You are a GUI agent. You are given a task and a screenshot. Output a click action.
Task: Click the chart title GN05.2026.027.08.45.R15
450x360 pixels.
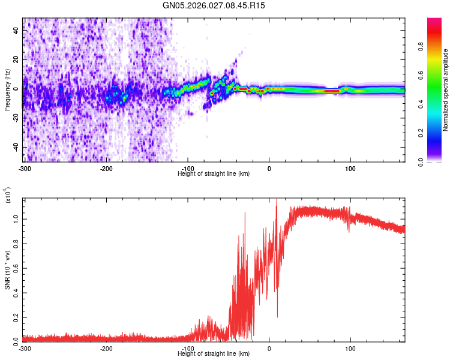214,5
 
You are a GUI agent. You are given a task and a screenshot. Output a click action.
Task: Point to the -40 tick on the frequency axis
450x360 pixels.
16,148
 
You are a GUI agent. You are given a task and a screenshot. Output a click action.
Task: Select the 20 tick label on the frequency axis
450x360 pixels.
17,60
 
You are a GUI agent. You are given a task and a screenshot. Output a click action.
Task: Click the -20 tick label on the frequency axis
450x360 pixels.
16,118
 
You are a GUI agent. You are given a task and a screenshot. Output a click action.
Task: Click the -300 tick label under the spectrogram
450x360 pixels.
25,167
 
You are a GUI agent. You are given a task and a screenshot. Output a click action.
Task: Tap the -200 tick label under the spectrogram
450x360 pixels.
106,167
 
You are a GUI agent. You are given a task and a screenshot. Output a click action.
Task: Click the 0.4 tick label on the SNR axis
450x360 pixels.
16,292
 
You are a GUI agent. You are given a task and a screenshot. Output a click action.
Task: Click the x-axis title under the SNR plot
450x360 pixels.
214,354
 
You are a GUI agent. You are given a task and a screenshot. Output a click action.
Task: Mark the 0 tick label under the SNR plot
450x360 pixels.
269,348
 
